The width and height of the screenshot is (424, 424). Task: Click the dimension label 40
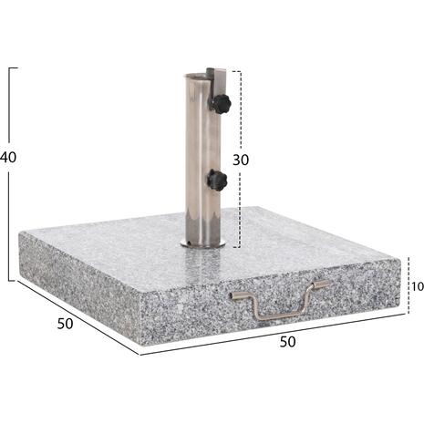point(8,157)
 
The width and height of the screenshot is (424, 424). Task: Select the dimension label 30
point(240,159)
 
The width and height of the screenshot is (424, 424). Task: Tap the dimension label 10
point(416,286)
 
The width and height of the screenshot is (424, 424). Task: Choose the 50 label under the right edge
point(288,342)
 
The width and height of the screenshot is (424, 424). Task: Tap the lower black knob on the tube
point(216,180)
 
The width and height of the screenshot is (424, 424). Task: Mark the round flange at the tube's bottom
point(202,243)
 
